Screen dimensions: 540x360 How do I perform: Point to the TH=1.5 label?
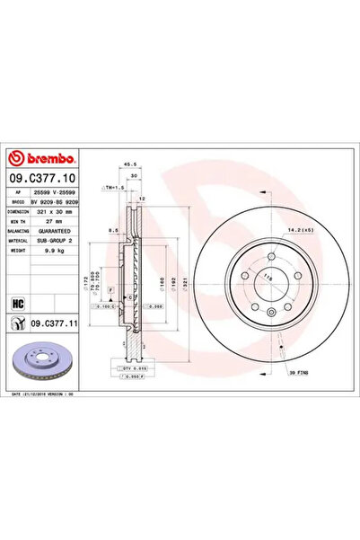(112, 188)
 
